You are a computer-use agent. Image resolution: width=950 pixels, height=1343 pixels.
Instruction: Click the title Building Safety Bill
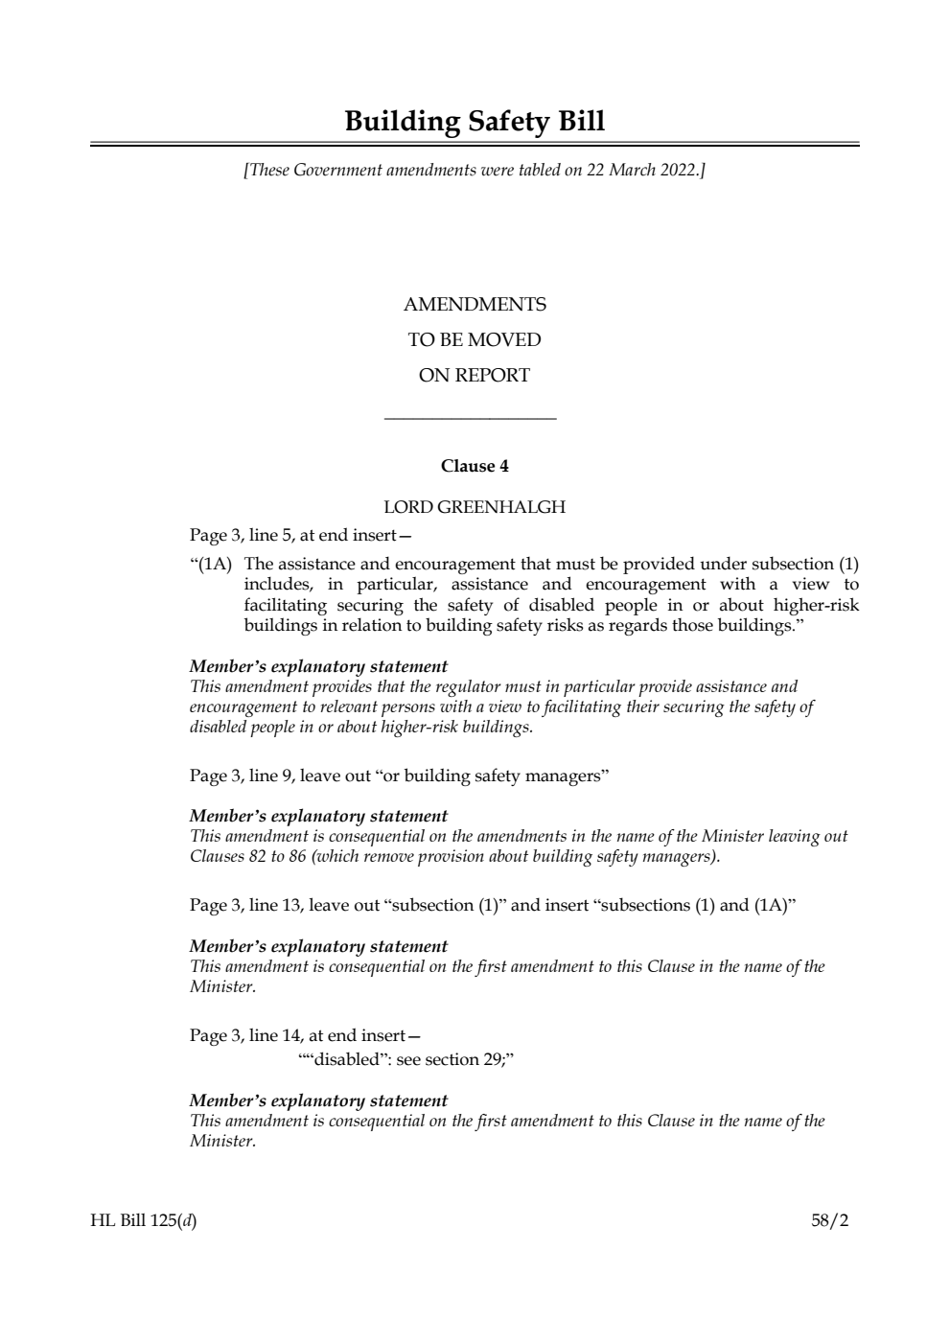point(475,122)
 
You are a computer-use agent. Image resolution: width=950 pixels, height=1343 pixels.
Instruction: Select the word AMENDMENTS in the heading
point(475,305)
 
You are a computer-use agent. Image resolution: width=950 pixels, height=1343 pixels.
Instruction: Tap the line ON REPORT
point(475,376)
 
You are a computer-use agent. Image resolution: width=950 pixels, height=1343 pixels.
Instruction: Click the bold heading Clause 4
point(475,467)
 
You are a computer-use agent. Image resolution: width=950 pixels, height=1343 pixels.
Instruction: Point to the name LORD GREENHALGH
point(475,507)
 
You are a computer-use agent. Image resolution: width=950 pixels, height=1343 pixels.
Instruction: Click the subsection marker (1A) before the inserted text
point(213,564)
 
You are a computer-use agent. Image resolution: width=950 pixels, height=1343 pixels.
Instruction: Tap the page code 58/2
point(830,1220)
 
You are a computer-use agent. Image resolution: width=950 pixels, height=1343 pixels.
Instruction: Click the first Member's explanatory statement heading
point(318,666)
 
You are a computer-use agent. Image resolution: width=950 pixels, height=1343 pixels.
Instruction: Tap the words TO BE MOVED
point(475,340)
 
